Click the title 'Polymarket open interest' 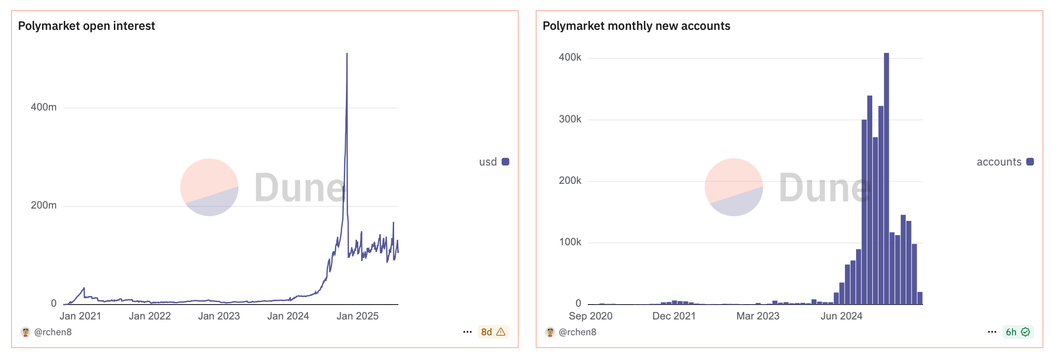pyautogui.click(x=86, y=26)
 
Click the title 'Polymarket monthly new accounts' pyautogui.click(x=636, y=26)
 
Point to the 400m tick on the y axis pyautogui.click(x=44, y=107)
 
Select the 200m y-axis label pyautogui.click(x=44, y=205)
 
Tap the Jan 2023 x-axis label pyautogui.click(x=219, y=316)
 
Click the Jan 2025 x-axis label pyautogui.click(x=357, y=316)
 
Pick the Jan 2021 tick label pyautogui.click(x=80, y=316)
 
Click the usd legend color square pyautogui.click(x=505, y=162)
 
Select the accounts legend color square pyautogui.click(x=1030, y=162)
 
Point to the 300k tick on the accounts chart pyautogui.click(x=570, y=119)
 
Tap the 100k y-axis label pyautogui.click(x=570, y=242)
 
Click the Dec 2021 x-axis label pyautogui.click(x=674, y=316)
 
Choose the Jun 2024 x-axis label pyautogui.click(x=842, y=316)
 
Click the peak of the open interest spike pyautogui.click(x=347, y=54)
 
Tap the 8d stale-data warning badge pyautogui.click(x=493, y=332)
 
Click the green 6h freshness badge pyautogui.click(x=1018, y=332)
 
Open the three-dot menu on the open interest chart pyautogui.click(x=467, y=332)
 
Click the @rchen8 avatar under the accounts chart pyautogui.click(x=550, y=332)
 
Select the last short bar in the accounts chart pyautogui.click(x=920, y=298)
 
